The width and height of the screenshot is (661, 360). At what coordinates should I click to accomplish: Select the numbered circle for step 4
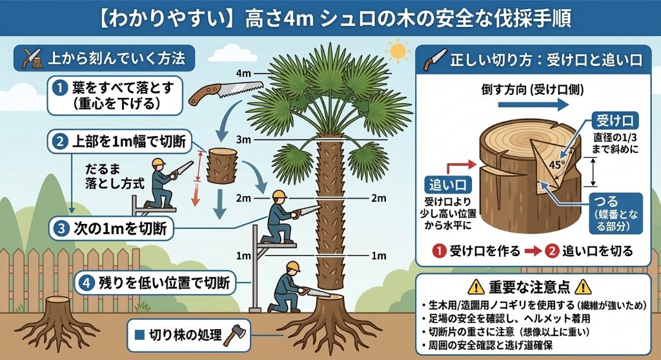point(86,282)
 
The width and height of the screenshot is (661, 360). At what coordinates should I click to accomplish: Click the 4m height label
point(243,74)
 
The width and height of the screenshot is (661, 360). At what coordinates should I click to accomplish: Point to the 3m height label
point(243,140)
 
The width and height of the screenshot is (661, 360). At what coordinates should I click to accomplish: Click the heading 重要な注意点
point(531,286)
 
